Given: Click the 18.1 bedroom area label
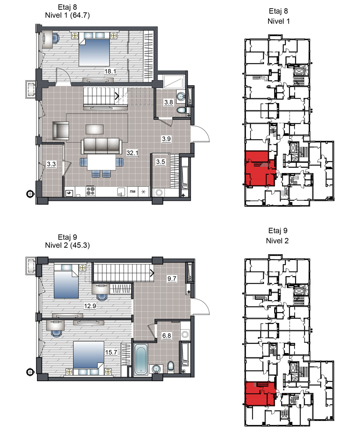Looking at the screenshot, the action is coord(110,71).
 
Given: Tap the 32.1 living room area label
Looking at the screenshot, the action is coord(132,153).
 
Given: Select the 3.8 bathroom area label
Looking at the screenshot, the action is coord(168,102).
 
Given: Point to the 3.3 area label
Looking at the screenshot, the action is coord(51,164).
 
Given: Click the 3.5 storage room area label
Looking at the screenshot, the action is coord(160,162).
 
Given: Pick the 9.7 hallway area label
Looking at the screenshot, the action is coord(172,279).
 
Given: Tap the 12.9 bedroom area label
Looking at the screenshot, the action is coord(90,306).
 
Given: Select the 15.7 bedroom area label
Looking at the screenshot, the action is coord(111,352).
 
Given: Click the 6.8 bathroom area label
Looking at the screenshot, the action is coord(167,335).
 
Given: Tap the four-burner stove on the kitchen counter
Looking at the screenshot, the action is coord(90,191).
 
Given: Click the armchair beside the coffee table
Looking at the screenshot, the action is coord(61,131).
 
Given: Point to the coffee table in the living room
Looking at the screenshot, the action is coord(95,130).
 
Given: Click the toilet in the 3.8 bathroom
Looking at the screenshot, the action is coord(181,110).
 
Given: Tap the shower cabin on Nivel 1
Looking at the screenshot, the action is coord(173,81).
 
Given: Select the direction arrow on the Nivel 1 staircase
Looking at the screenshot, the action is coord(117,96).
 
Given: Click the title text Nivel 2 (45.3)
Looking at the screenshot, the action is coord(67,245).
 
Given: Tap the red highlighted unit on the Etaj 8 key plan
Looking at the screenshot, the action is coord(260,168).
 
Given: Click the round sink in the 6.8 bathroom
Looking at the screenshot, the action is coord(156,369).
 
